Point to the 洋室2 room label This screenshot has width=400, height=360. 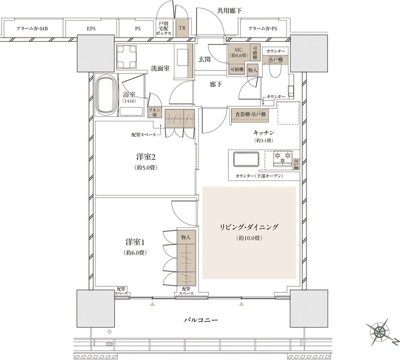[x=145, y=157]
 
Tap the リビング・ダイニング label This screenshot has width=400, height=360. [x=249, y=227]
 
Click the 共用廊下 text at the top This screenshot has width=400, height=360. [x=230, y=11]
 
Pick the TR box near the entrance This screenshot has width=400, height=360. [x=181, y=28]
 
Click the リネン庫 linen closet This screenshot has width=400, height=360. [x=154, y=112]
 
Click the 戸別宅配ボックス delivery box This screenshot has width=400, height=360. [x=164, y=28]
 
